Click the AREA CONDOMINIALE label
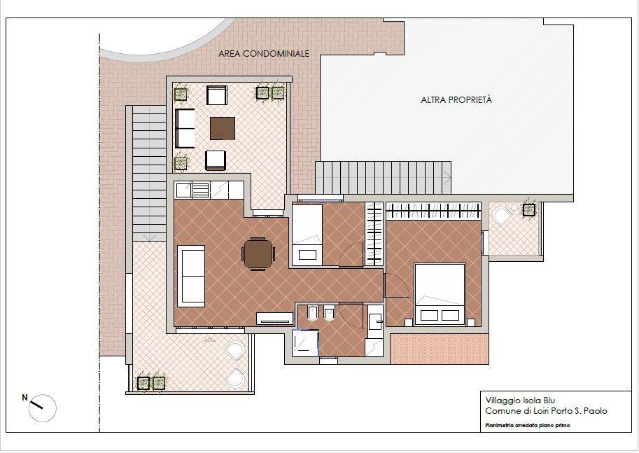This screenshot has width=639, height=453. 264,53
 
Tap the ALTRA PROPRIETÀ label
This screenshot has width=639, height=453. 456,99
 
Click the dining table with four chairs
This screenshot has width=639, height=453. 259,253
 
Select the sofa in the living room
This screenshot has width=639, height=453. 191,276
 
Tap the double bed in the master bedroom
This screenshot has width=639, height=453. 440,294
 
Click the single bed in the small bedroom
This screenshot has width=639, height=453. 307,235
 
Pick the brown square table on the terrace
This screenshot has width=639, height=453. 223,128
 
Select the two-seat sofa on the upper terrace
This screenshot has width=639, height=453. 185,128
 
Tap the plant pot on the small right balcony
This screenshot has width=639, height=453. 529,210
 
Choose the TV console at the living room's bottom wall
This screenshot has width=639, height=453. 274,319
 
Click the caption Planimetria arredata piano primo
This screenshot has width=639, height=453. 527,425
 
